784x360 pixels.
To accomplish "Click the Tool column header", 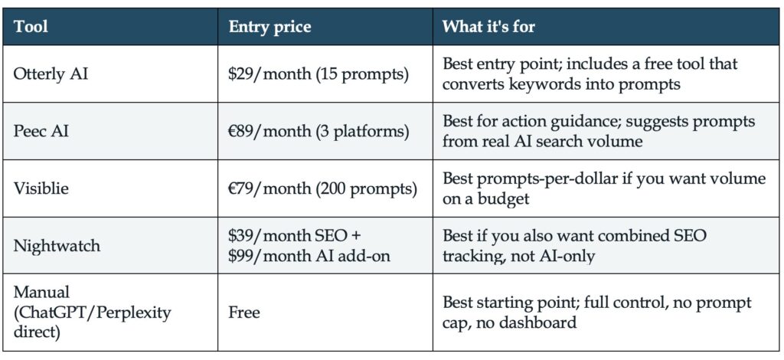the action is [x=31, y=26].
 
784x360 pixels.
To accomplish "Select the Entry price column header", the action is [x=269, y=27].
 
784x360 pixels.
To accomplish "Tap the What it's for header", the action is [x=488, y=26].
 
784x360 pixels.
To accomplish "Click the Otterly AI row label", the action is [x=51, y=74].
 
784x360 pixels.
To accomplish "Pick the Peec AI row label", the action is [x=41, y=132].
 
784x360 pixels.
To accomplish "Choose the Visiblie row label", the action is [x=41, y=189].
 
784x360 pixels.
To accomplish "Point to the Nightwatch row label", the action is [x=57, y=246].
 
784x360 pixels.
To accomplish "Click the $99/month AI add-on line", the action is [x=309, y=256].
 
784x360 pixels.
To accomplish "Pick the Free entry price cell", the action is [x=244, y=313].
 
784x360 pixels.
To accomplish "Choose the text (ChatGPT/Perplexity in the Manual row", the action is [x=92, y=313].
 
